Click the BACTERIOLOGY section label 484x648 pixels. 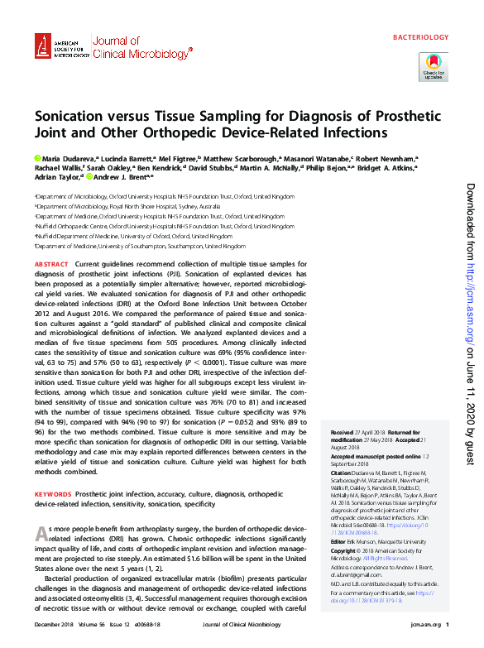pyautogui.click(x=419, y=37)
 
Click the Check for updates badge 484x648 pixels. pyautogui.click(x=434, y=65)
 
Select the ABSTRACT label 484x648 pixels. pyautogui.click(x=51, y=263)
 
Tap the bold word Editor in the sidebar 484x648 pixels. pyautogui.click(x=339, y=541)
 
